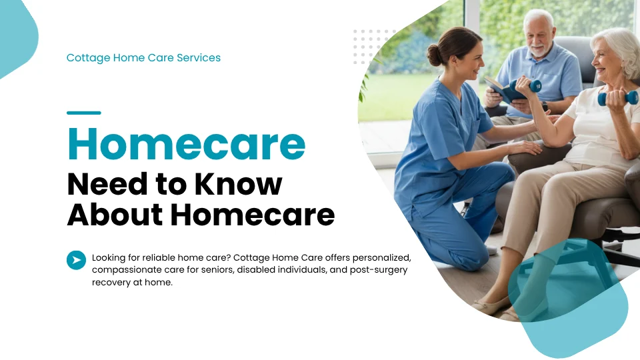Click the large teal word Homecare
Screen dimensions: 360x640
186,144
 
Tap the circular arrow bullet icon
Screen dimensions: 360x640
76,260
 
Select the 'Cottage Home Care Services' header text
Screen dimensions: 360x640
143,58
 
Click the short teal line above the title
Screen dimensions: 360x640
84,113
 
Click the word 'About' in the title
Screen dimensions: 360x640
114,215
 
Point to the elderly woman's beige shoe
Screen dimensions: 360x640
490,304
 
